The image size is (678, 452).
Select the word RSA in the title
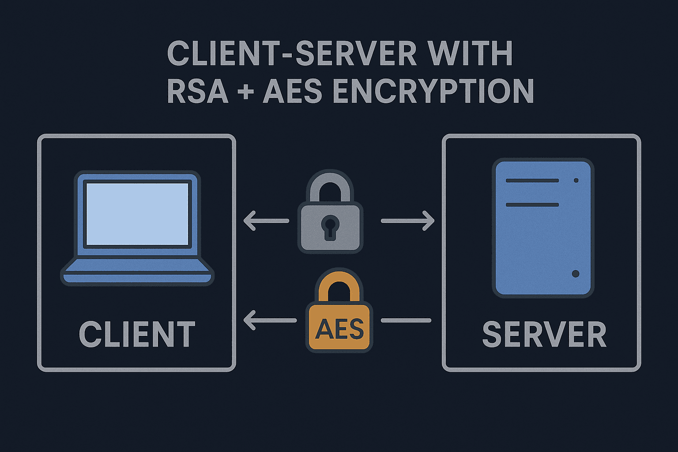coord(197,91)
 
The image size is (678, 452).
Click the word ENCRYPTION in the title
coord(433,91)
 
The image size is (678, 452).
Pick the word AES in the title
coord(292,91)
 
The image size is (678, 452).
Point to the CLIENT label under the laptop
coord(137,334)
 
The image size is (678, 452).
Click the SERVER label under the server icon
coord(544,334)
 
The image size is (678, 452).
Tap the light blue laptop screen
coord(137,214)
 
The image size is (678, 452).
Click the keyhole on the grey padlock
coord(330,226)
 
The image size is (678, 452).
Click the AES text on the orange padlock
coord(339,329)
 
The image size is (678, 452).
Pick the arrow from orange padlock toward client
coord(269,320)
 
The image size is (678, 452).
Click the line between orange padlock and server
coord(406,320)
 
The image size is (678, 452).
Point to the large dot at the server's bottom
coord(575,274)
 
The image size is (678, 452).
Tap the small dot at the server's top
coord(576,181)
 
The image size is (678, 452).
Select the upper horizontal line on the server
coord(532,181)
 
